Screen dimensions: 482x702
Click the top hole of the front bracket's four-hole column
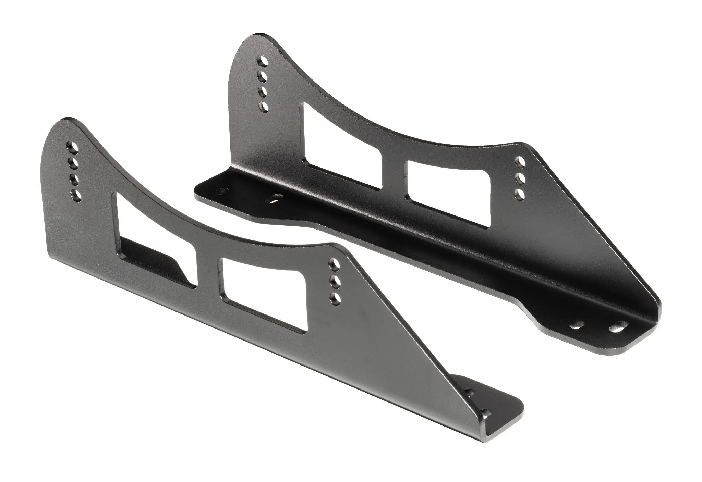[73, 146]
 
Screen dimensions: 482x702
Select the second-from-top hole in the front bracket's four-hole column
[73, 163]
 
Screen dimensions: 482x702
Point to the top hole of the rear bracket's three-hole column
[520, 161]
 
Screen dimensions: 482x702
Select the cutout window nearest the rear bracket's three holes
[446, 190]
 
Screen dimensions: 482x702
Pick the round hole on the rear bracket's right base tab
[578, 361]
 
